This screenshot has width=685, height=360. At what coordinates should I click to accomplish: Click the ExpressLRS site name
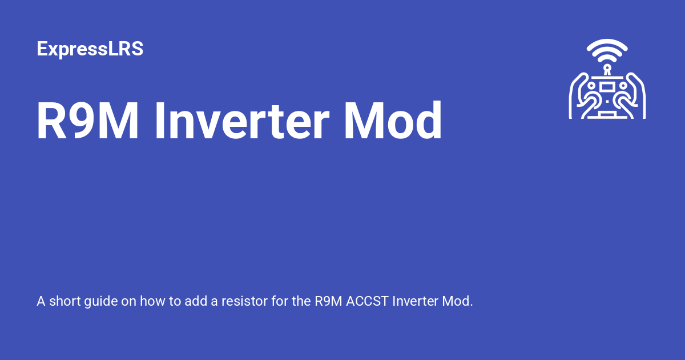point(90,49)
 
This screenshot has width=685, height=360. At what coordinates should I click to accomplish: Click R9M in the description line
point(328,301)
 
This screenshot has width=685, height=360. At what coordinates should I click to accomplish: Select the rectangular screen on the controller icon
point(607,86)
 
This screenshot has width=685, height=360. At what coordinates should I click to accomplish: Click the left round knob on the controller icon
point(591,86)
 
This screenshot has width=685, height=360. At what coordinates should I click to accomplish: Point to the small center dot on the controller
point(607,102)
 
